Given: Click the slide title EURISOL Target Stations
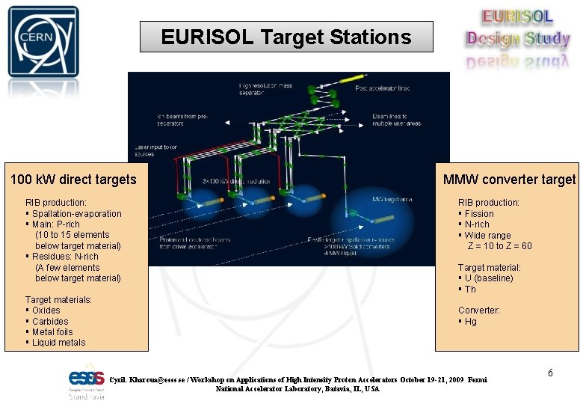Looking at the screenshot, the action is pyautogui.click(x=286, y=37).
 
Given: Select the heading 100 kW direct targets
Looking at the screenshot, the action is pyautogui.click(x=73, y=180).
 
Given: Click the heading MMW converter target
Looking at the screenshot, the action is pyautogui.click(x=509, y=180).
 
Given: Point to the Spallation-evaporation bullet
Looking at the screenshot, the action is pyautogui.click(x=76, y=214).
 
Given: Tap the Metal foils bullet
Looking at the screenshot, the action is pyautogui.click(x=52, y=332).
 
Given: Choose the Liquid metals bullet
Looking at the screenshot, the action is pyautogui.click(x=58, y=343).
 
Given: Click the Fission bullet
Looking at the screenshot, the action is pyautogui.click(x=479, y=214).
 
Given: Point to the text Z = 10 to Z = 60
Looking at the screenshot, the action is pyautogui.click(x=499, y=246).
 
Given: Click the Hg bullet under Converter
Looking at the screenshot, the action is pyautogui.click(x=470, y=322).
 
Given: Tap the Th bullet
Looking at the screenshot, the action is pyautogui.click(x=470, y=290).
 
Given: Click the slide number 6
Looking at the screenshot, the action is pyautogui.click(x=551, y=373).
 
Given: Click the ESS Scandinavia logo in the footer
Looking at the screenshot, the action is pyautogui.click(x=87, y=382).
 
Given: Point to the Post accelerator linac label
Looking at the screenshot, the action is pyautogui.click(x=382, y=89).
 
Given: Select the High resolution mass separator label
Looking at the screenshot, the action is pyautogui.click(x=266, y=89).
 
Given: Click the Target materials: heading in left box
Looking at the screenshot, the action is pyautogui.click(x=58, y=300).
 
